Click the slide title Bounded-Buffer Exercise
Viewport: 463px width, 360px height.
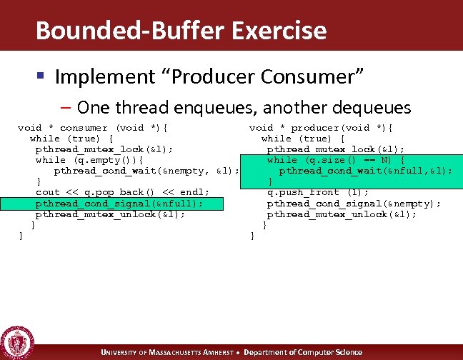(181, 31)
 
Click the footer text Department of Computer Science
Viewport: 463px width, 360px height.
(304, 352)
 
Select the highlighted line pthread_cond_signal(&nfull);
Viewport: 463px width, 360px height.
(119, 204)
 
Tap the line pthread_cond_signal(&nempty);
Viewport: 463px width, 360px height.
(354, 204)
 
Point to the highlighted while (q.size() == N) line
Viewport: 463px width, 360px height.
(336, 160)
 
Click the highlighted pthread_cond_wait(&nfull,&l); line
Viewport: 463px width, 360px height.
(365, 171)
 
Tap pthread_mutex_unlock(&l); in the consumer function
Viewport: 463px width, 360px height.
(110, 214)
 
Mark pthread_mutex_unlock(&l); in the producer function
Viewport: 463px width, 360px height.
(342, 214)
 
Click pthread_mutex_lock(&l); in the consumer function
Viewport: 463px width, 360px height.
(104, 149)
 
